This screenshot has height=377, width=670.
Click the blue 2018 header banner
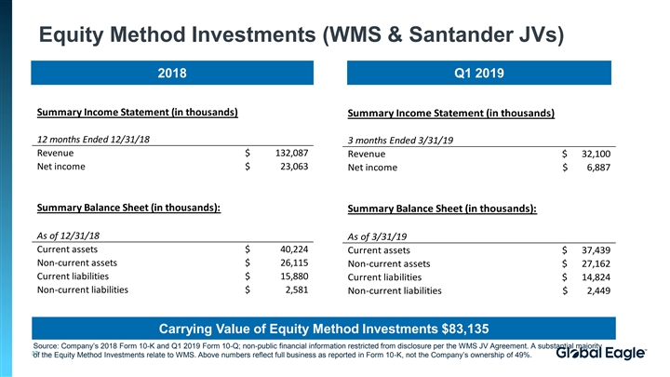point(172,73)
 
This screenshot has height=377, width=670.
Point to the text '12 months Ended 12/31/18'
point(93,139)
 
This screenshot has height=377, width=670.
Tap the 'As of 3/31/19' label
point(377,236)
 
